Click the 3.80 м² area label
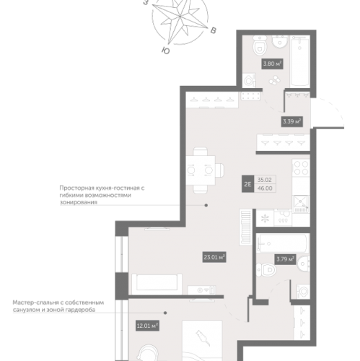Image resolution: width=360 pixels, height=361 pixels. click(272, 64)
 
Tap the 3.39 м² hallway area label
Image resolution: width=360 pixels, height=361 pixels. click(292, 121)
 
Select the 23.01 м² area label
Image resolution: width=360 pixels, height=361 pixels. click(214, 257)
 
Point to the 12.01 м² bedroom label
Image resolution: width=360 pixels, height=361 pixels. click(147, 326)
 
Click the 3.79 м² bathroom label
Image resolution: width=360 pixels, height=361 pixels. click(286, 259)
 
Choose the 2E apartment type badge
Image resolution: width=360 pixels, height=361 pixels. click(247, 184)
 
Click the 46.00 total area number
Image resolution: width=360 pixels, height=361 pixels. click(265, 188)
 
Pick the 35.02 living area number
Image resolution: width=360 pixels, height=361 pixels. click(265, 180)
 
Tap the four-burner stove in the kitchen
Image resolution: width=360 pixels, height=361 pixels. click(301, 168)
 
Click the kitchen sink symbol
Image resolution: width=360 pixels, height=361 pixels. click(301, 204)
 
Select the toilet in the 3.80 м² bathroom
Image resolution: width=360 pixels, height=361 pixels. click(259, 45)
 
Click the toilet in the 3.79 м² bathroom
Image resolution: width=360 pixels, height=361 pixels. click(266, 270)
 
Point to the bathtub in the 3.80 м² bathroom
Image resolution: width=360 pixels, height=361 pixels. click(299, 61)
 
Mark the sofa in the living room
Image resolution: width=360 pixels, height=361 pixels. click(157, 284)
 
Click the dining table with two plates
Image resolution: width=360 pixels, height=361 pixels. click(201, 170)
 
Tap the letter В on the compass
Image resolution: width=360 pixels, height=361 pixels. click(214, 30)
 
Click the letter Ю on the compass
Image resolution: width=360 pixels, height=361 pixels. click(166, 51)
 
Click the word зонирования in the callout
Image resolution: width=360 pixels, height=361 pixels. click(79, 202)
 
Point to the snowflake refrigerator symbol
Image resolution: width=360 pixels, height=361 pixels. click(265, 219)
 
